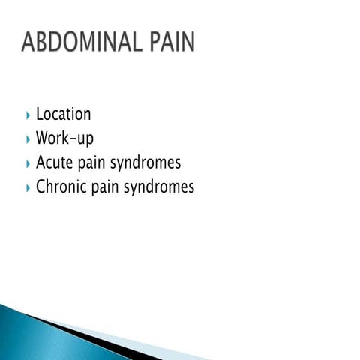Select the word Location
[64, 115]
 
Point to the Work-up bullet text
[64, 139]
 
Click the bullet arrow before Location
[28, 115]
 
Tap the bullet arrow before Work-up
[28, 139]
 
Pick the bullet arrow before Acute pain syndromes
[28, 163]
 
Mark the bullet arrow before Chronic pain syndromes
[28, 187]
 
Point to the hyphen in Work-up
[76, 140]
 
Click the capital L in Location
[40, 115]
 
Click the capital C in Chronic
[41, 187]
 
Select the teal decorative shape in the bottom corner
[30, 334]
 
